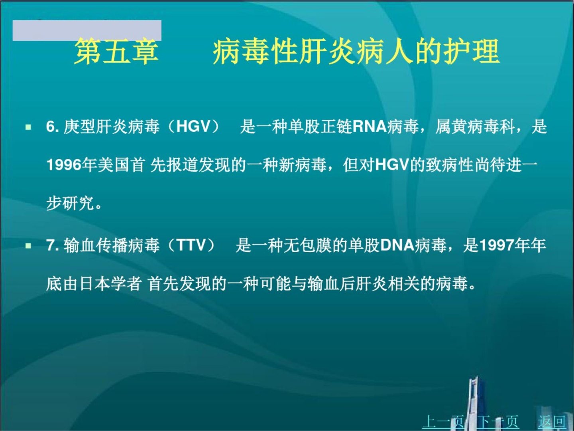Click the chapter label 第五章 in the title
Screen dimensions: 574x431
coord(117,51)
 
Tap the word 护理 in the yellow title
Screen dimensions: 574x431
coord(472,51)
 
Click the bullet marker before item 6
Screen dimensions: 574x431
coord(28,127)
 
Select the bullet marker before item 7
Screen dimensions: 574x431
coord(28,246)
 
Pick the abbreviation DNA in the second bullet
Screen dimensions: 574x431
coord(397,245)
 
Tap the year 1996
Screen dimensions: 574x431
coord(64,165)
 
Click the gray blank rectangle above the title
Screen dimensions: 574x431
coord(87,30)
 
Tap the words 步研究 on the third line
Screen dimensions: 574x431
coord(70,203)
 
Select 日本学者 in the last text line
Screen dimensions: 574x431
coord(110,284)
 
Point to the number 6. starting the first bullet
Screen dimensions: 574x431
coord(53,127)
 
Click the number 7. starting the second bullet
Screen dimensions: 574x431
coord(53,245)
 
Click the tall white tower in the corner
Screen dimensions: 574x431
coord(474,403)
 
